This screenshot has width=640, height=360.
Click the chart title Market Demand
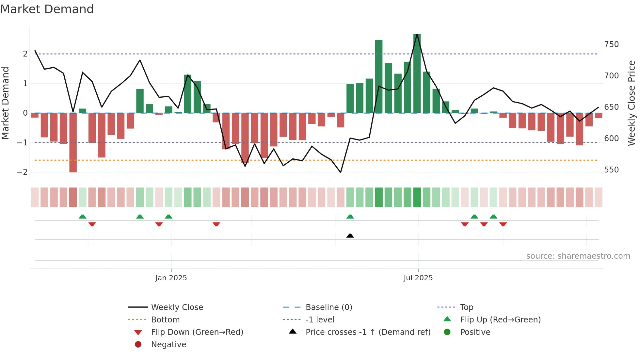pos(47,9)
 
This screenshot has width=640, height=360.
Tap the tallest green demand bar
pos(417,74)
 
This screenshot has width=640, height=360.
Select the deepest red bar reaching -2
pos(73,143)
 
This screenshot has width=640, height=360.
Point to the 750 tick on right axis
pos(611,44)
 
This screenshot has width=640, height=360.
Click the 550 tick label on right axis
pos(611,170)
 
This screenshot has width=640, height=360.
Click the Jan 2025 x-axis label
pos(171,278)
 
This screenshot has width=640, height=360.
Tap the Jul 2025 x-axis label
pos(418,278)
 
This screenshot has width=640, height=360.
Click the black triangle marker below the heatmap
pos(350,236)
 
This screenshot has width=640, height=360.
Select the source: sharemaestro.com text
pos(578,256)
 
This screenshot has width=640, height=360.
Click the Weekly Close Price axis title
pos(632,103)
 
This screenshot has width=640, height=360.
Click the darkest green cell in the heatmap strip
pos(417,197)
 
